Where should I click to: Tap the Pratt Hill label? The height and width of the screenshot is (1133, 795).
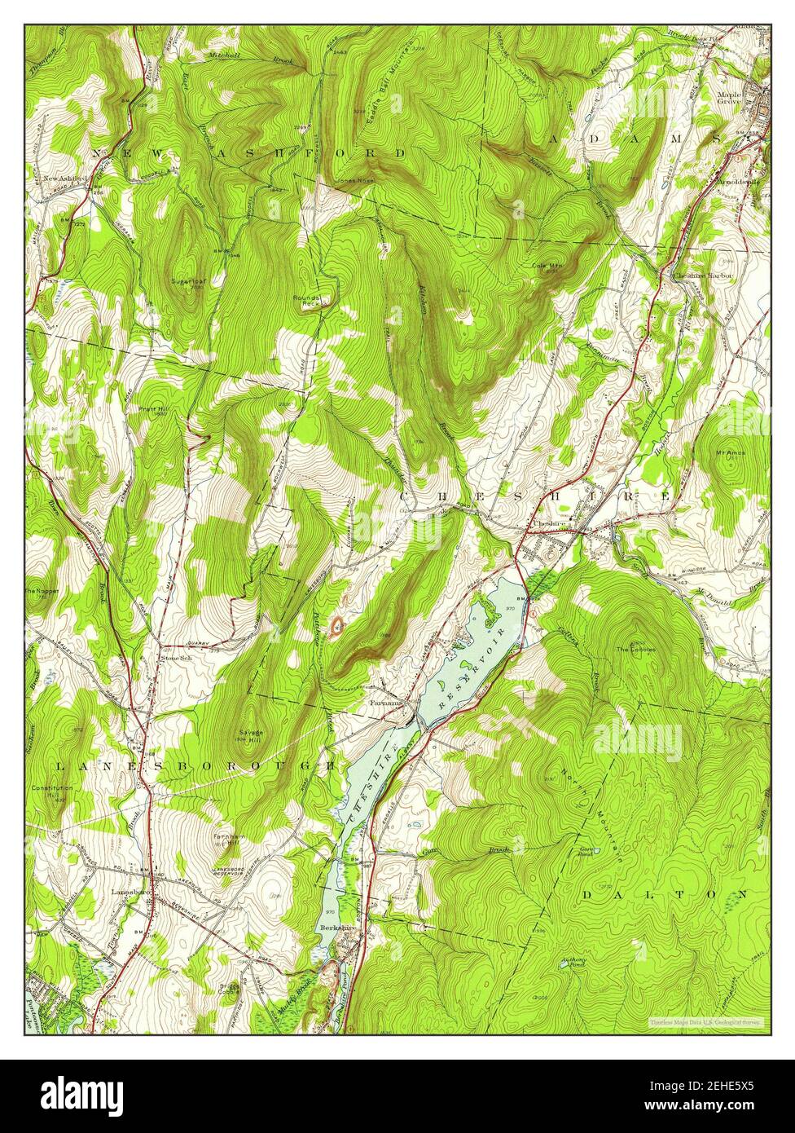(152, 409)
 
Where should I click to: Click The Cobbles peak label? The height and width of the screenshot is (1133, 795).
(635, 650)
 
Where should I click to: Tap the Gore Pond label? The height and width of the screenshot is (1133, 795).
(585, 851)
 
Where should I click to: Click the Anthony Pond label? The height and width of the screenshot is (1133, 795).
(573, 962)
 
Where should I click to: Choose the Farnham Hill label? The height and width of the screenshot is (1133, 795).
(230, 840)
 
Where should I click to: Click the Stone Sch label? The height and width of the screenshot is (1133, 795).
(175, 658)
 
